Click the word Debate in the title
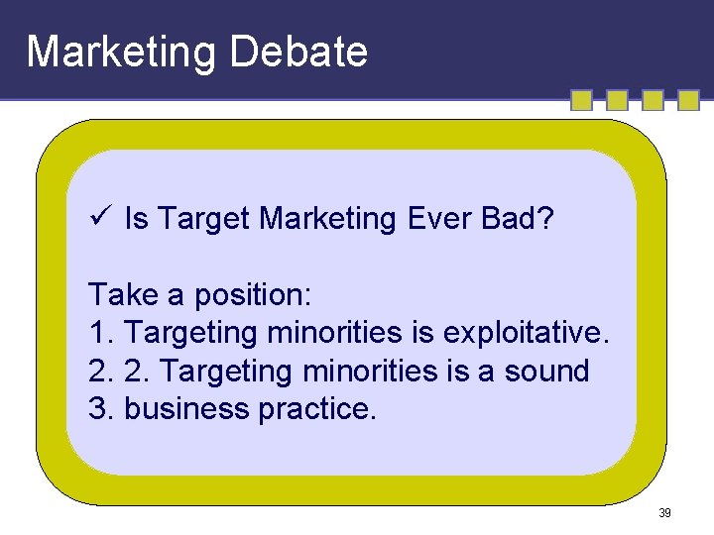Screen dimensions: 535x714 pos(298,52)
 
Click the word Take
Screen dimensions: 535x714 pos(117,294)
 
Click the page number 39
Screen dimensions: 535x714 pos(664,513)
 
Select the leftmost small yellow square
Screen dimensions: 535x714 pos(581,100)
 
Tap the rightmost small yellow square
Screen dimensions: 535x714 pos(688,100)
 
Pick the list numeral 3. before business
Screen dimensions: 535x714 pos(101,409)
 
